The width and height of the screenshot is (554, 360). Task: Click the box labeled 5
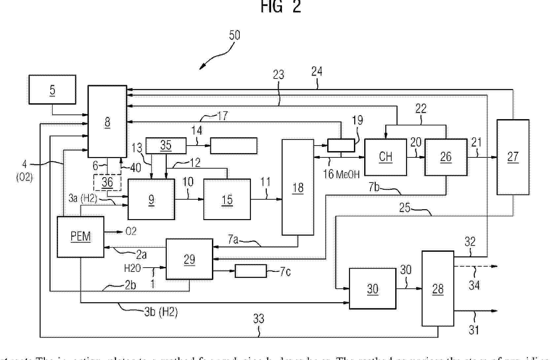point(52,89)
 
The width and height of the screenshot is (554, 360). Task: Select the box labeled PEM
point(81,237)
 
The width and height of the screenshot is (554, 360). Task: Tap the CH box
point(385,157)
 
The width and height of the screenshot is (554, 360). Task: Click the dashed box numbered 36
point(107,182)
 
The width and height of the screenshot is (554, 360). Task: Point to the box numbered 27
point(513,157)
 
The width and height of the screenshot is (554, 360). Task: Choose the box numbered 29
point(189,259)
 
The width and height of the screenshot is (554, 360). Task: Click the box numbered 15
point(227,199)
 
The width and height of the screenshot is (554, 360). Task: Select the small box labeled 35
point(166,145)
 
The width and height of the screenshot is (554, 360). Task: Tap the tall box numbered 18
point(297,187)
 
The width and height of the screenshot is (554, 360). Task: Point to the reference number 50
point(234,35)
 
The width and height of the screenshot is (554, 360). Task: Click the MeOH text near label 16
point(348,174)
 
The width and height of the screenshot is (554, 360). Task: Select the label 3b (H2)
point(161,312)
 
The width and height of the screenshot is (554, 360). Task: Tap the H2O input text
point(132,268)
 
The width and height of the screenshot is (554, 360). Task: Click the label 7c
point(285,272)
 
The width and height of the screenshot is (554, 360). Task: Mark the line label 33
point(259,318)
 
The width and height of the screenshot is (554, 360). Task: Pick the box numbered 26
point(445,157)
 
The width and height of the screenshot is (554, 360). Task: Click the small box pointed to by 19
point(341,145)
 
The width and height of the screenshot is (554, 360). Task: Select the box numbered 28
point(438,289)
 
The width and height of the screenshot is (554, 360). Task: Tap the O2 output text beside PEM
point(131,231)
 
